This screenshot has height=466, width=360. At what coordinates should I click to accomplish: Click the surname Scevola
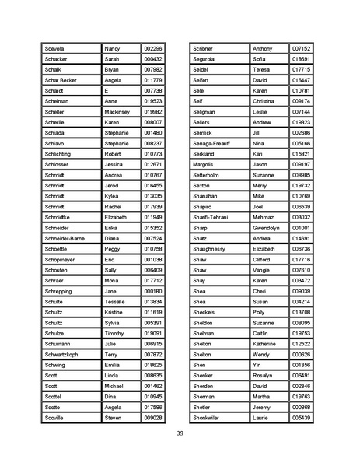point(57,48)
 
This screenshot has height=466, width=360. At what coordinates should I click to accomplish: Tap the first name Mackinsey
point(117,112)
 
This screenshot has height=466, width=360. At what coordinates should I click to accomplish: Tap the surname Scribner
point(204,48)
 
